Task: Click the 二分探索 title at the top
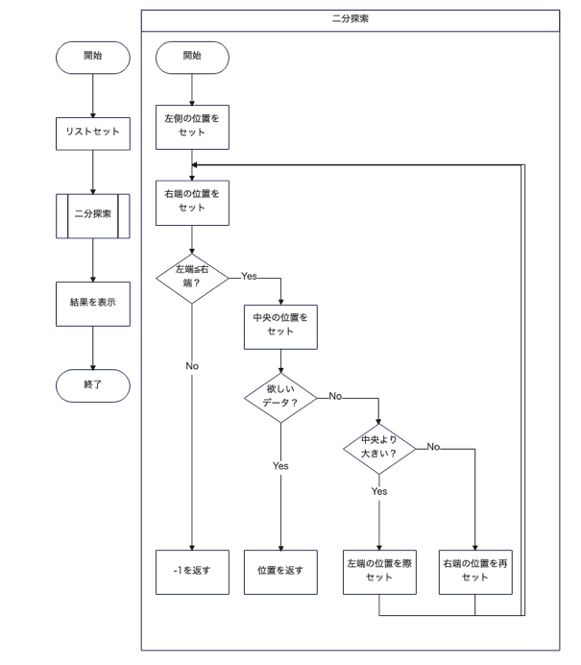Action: click(x=351, y=18)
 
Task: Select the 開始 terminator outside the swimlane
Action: click(x=92, y=57)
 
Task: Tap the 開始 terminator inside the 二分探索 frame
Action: click(x=192, y=57)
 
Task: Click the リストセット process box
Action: click(x=92, y=132)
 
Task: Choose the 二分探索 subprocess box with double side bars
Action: click(x=92, y=213)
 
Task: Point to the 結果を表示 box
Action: click(x=92, y=302)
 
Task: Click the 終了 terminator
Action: click(x=92, y=382)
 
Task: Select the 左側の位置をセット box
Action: click(x=192, y=125)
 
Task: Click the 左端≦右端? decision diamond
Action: click(x=192, y=277)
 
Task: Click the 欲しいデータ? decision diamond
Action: click(x=280, y=397)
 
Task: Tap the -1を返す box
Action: click(x=192, y=571)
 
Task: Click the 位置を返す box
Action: click(x=280, y=571)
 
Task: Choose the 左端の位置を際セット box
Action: click(x=379, y=571)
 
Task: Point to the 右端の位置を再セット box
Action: click(x=475, y=571)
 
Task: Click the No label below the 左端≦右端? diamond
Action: click(x=192, y=366)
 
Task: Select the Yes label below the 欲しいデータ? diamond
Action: click(x=280, y=465)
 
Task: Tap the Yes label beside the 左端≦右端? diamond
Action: click(x=249, y=276)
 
